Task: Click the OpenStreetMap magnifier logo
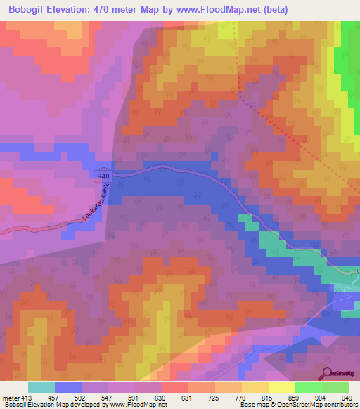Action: (327, 373)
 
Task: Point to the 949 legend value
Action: (346, 398)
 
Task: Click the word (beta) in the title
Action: (271, 11)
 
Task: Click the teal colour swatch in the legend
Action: (41, 387)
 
